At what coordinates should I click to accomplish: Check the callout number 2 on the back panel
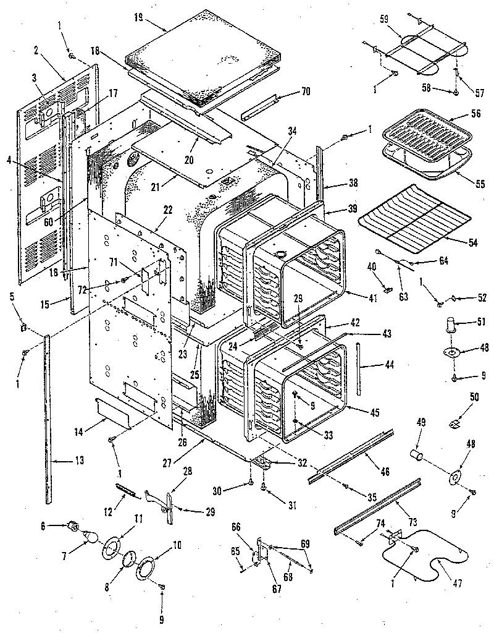pyautogui.click(x=37, y=51)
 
